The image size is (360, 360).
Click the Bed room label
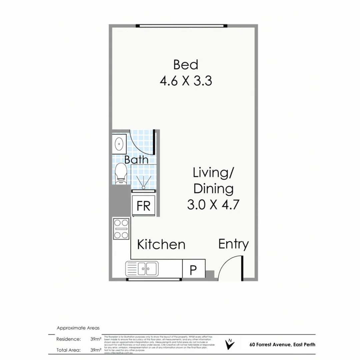click(186, 65)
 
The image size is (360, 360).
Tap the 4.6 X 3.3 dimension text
click(186, 81)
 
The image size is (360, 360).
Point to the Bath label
click(136, 159)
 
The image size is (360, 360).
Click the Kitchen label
click(161, 244)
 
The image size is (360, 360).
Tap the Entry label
click(233, 244)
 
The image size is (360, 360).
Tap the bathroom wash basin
click(119, 144)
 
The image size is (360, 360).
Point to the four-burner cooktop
click(121, 229)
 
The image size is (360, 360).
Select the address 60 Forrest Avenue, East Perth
click(282, 345)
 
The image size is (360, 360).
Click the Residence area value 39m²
click(96, 339)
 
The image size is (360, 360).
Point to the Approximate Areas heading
click(78, 328)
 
